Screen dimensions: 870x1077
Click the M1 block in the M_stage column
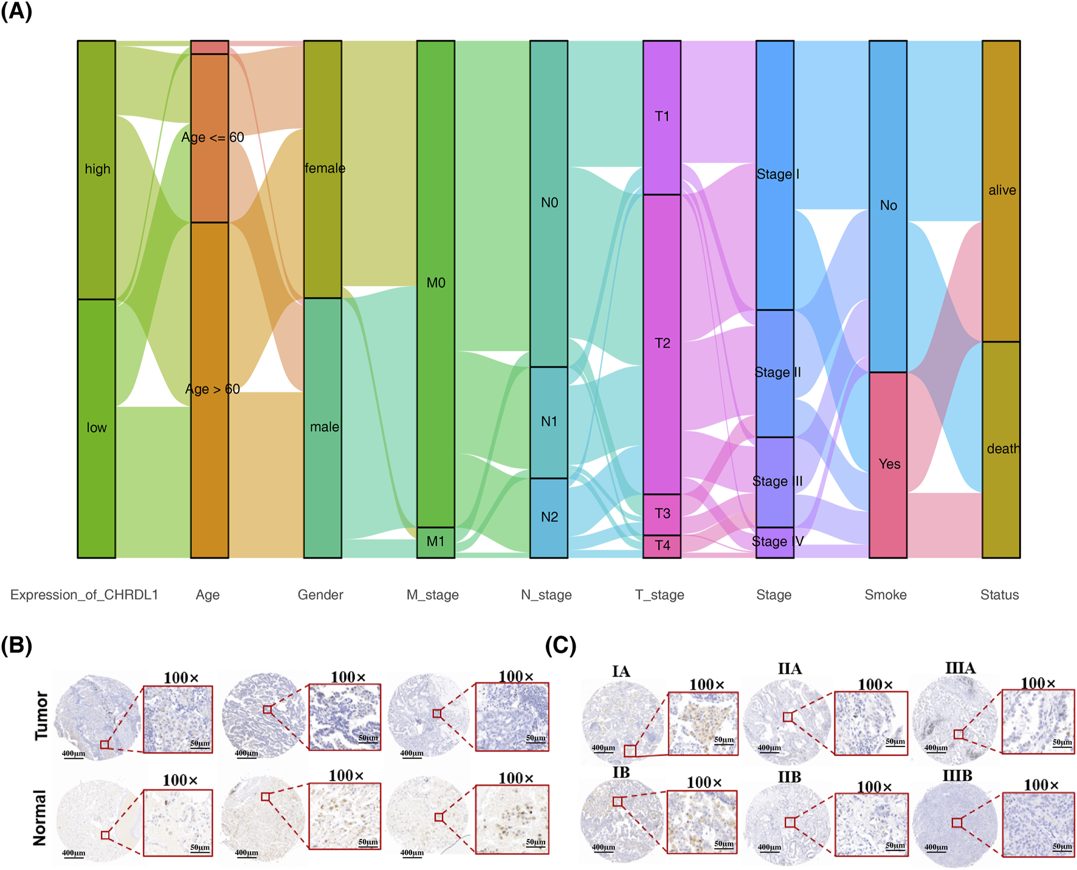[x=435, y=542]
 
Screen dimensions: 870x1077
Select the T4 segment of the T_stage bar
[x=662, y=546]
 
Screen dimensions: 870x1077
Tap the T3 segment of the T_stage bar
[x=662, y=514]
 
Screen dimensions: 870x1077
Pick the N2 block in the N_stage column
[x=549, y=517]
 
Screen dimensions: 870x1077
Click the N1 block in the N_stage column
[x=549, y=422]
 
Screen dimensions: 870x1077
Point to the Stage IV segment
[x=774, y=542]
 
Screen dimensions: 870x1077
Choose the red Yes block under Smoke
[x=888, y=464]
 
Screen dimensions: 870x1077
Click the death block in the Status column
[x=1001, y=449]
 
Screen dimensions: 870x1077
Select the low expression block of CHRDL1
[x=96, y=428]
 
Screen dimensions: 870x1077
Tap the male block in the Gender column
[x=323, y=427]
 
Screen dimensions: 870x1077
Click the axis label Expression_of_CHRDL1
[x=84, y=595]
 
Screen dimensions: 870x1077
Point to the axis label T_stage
[x=659, y=595]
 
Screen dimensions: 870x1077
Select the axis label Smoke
[x=886, y=595]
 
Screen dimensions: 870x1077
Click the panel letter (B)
[x=16, y=645]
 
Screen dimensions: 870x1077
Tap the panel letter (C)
[x=560, y=645]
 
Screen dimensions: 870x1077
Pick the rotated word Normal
[x=40, y=817]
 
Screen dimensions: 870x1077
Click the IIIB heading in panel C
[x=957, y=776]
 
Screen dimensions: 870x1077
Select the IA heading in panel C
[x=621, y=671]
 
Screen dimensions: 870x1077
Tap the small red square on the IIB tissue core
[x=790, y=823]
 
